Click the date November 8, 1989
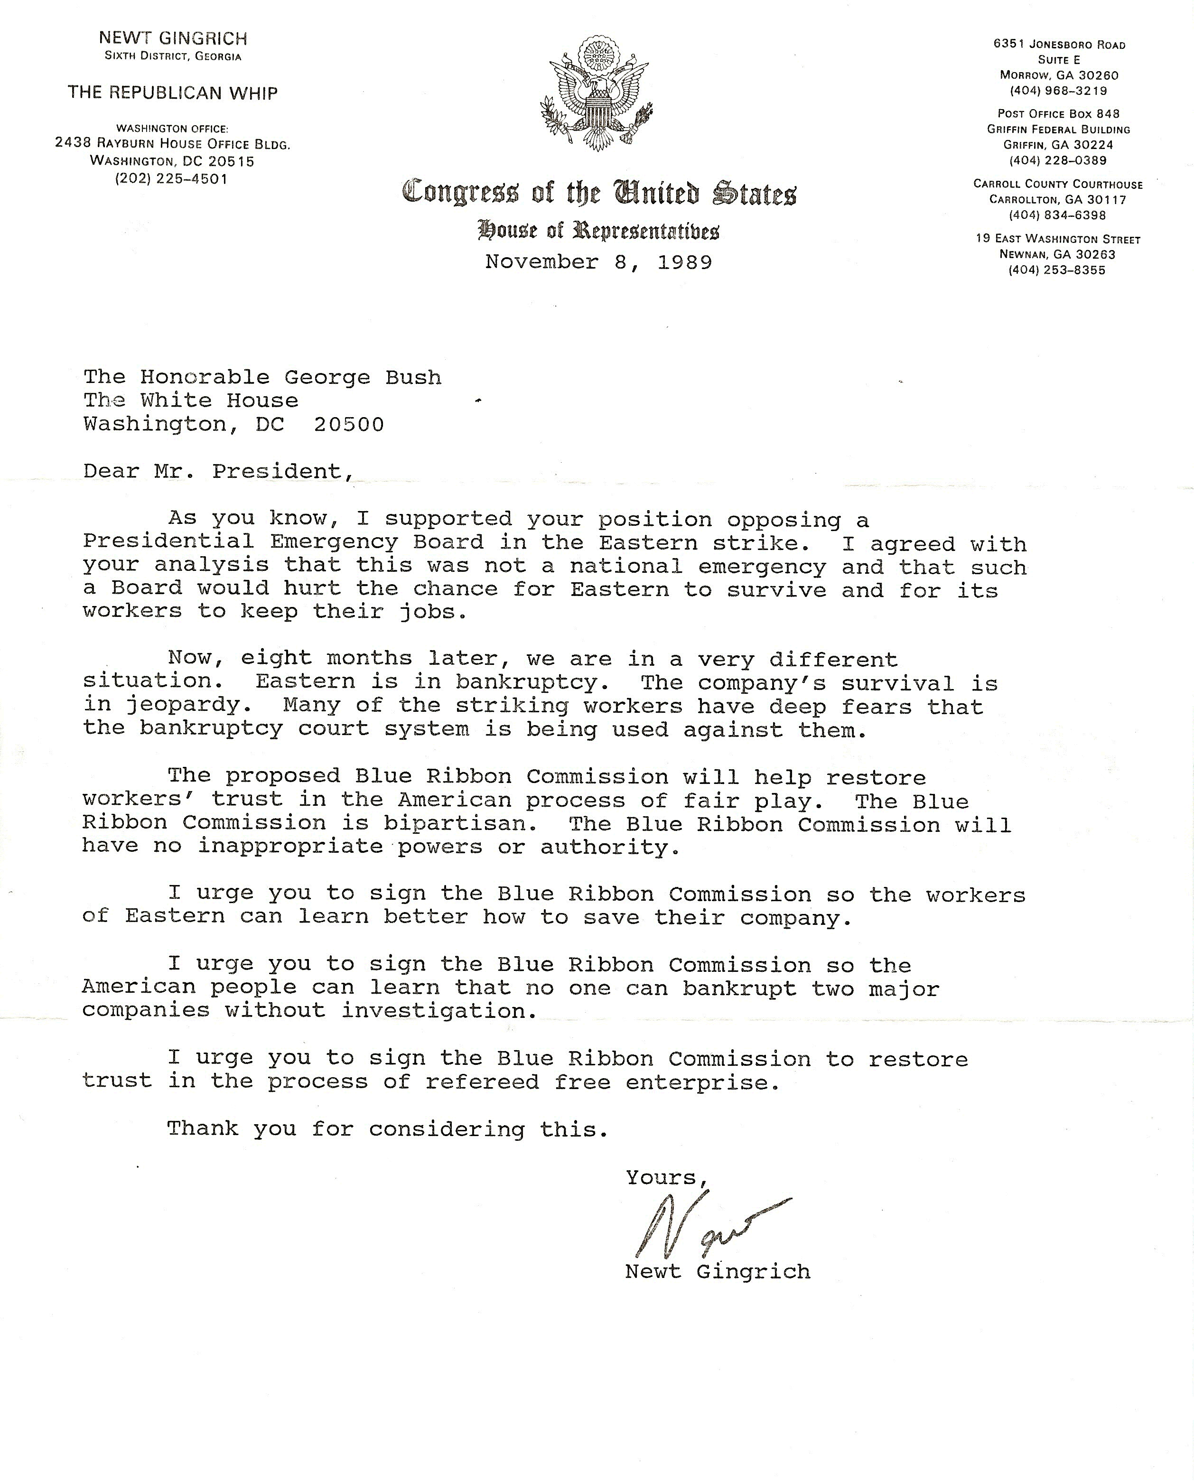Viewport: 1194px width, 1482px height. click(598, 262)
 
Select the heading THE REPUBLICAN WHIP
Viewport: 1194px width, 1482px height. click(173, 93)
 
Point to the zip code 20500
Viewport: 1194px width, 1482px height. click(349, 424)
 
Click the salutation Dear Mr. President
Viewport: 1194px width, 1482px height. click(219, 471)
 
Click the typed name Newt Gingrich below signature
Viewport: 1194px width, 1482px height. click(718, 1272)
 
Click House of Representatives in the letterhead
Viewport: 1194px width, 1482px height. click(598, 230)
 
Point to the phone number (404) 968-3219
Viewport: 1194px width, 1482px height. click(1058, 91)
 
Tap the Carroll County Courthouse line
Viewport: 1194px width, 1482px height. click(1058, 184)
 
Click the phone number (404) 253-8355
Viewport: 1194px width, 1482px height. click(1057, 270)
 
